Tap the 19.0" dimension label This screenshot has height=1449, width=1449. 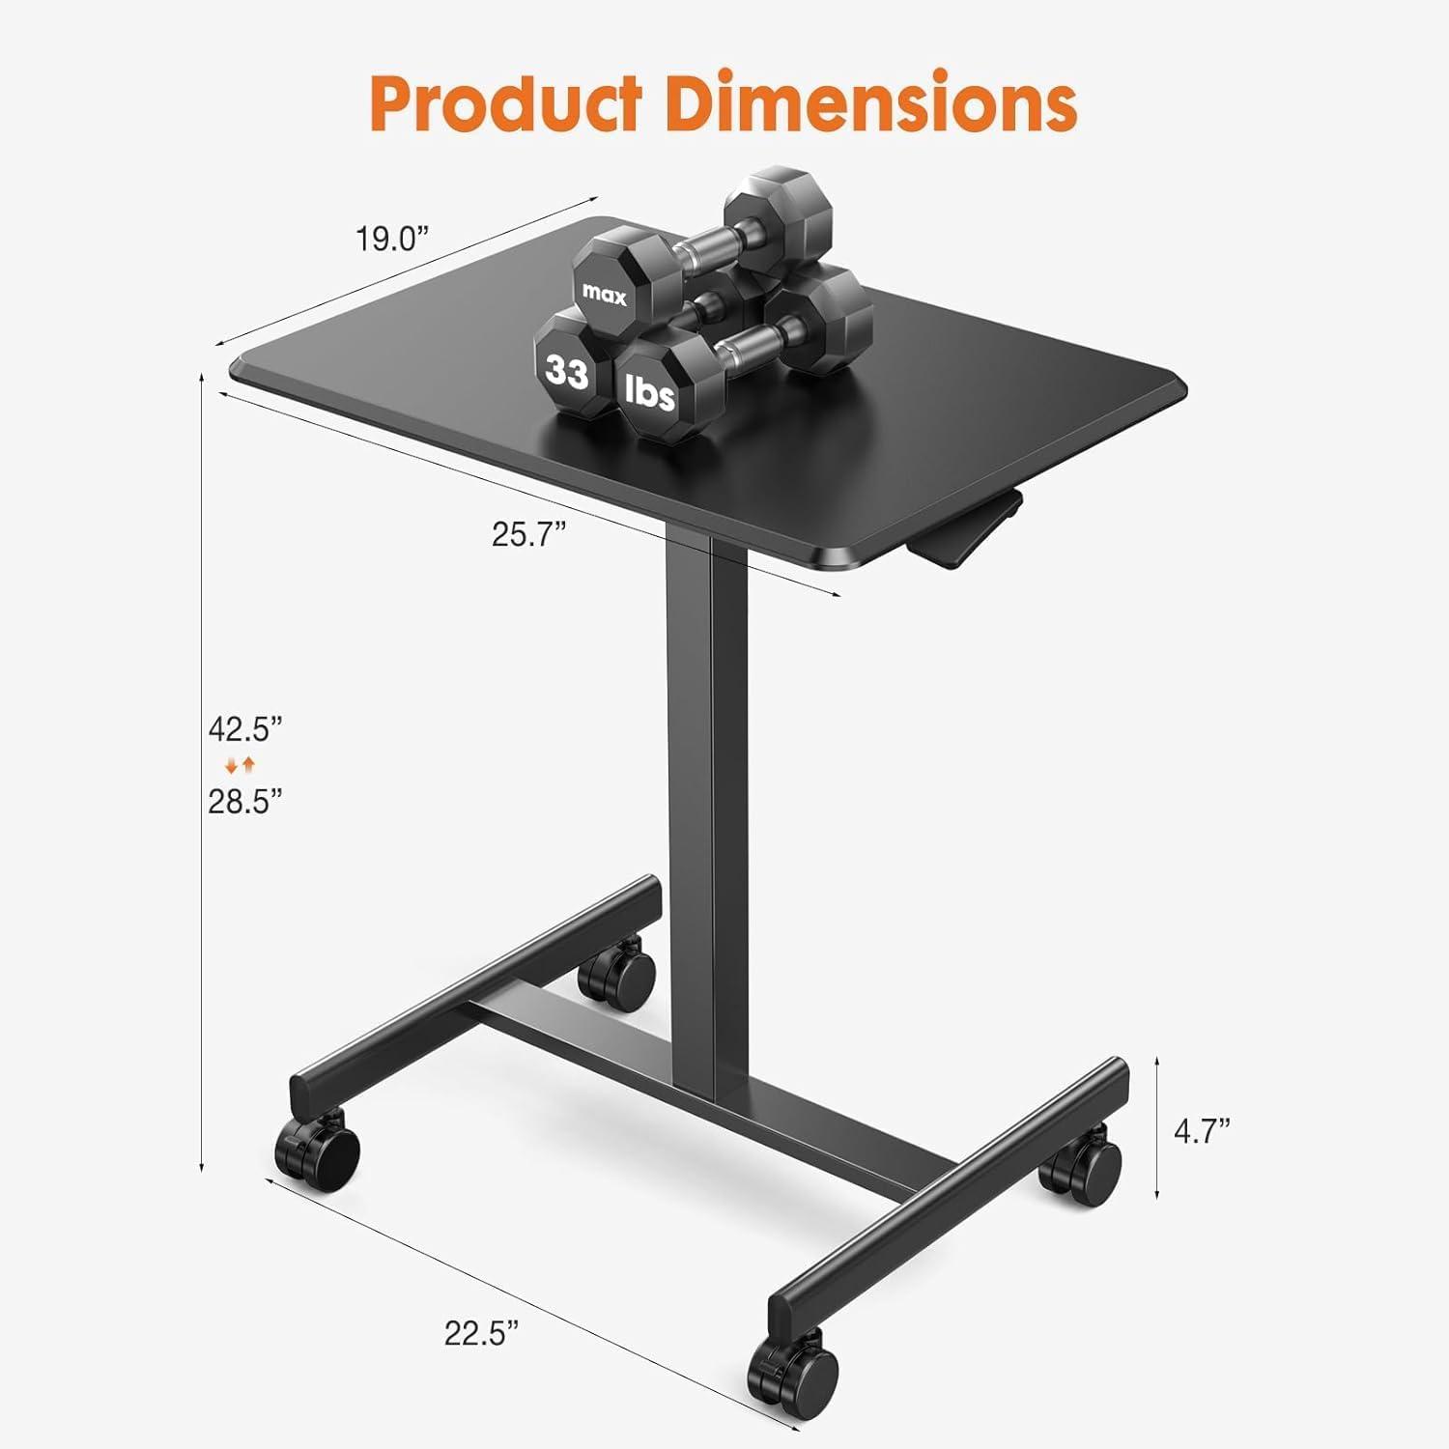[391, 238]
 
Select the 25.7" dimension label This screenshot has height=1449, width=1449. [528, 533]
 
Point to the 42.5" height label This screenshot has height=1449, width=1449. [245, 727]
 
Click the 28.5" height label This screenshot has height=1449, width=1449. [245, 801]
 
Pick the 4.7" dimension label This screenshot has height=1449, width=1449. [1202, 1130]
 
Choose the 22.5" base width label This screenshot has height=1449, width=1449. [481, 1333]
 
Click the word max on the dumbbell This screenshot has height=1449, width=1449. [604, 296]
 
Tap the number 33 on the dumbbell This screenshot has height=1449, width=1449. [567, 371]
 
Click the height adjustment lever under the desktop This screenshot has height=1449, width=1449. [966, 526]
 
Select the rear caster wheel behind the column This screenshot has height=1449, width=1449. [616, 975]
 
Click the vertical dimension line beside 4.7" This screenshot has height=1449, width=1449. [1157, 1127]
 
